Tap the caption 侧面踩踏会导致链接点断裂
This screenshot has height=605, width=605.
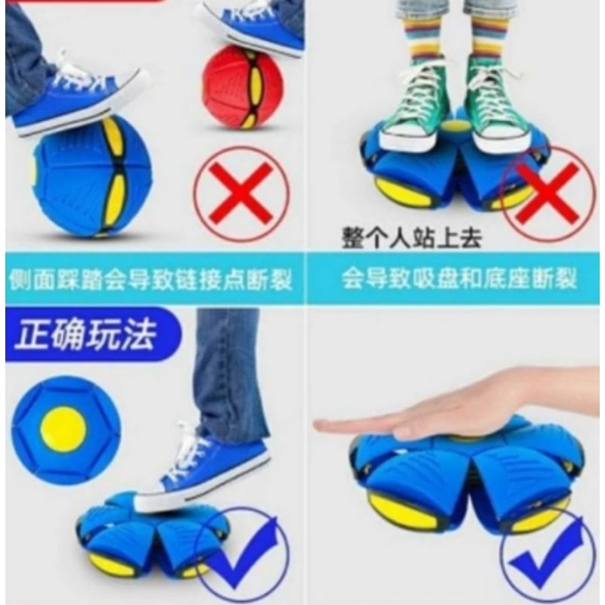[151, 280]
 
